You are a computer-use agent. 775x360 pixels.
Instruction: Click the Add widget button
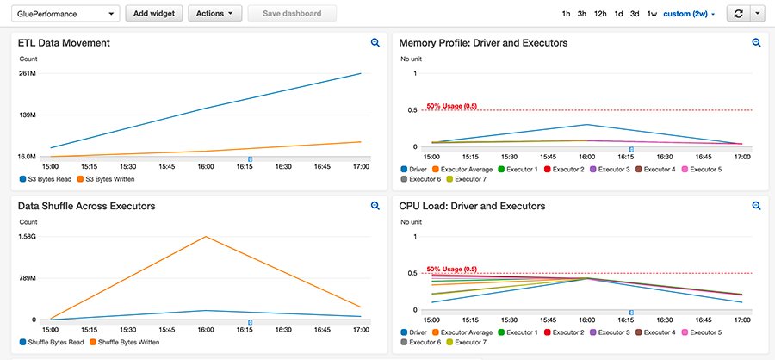point(154,14)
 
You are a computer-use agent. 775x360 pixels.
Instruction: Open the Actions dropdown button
point(214,14)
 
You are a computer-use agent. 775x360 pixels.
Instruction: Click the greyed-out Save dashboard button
point(292,14)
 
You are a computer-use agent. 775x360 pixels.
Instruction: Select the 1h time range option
point(566,14)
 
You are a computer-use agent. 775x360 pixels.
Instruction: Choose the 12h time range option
point(600,14)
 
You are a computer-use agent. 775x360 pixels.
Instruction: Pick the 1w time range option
point(652,14)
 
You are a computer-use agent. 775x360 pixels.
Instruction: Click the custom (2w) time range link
point(689,14)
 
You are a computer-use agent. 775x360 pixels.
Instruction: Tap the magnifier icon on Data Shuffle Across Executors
point(375,206)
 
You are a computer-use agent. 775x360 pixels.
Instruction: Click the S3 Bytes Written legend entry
point(104,179)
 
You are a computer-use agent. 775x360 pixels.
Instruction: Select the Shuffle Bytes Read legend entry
point(52,343)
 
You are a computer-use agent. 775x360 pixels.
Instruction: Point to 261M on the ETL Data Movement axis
point(27,73)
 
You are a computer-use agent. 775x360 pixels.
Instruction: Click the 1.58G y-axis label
point(27,237)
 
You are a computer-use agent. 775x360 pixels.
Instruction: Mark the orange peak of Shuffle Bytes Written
point(205,237)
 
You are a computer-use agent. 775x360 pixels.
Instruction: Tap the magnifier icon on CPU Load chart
point(756,206)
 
